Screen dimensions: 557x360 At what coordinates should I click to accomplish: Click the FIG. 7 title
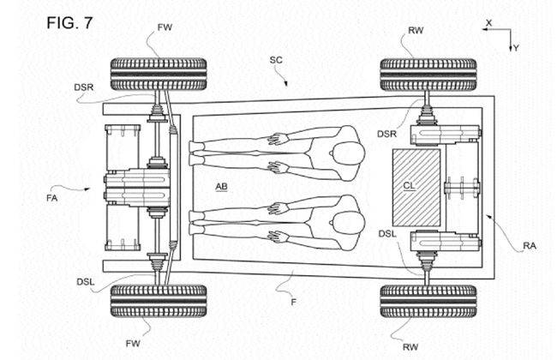point(69,23)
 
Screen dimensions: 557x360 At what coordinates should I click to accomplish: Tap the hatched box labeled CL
point(416,188)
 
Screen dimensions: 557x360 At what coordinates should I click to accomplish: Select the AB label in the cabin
point(221,187)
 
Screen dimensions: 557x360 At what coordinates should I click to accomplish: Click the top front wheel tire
point(159,75)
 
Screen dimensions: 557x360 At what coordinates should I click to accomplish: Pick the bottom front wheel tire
point(159,301)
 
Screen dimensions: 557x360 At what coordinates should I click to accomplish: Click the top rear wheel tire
point(428,75)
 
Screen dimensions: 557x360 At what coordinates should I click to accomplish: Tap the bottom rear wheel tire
point(428,301)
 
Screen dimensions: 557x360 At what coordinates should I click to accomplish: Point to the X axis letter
point(488,23)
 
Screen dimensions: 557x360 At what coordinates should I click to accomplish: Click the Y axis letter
point(516,48)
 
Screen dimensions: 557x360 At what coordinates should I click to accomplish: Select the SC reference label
point(276,60)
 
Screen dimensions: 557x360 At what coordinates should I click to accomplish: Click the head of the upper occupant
point(349,153)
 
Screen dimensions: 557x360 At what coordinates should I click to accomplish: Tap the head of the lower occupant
point(349,223)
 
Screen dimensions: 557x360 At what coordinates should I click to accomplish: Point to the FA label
point(52,198)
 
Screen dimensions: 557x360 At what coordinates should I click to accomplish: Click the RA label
point(530,245)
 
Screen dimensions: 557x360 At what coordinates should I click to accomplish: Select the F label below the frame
point(293,303)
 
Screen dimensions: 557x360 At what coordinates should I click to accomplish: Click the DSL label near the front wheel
point(86,282)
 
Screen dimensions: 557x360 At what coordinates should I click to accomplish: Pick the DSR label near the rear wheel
point(386,134)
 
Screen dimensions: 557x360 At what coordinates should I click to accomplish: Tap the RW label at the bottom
point(410,347)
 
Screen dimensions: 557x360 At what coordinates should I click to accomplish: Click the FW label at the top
point(165,27)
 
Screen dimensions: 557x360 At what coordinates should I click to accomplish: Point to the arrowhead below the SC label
point(285,84)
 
